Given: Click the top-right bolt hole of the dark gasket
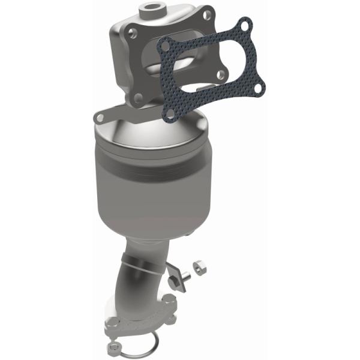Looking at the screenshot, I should [x=243, y=25].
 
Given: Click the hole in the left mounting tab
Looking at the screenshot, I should [x=100, y=116].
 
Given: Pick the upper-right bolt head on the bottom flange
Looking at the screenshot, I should [x=171, y=301].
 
